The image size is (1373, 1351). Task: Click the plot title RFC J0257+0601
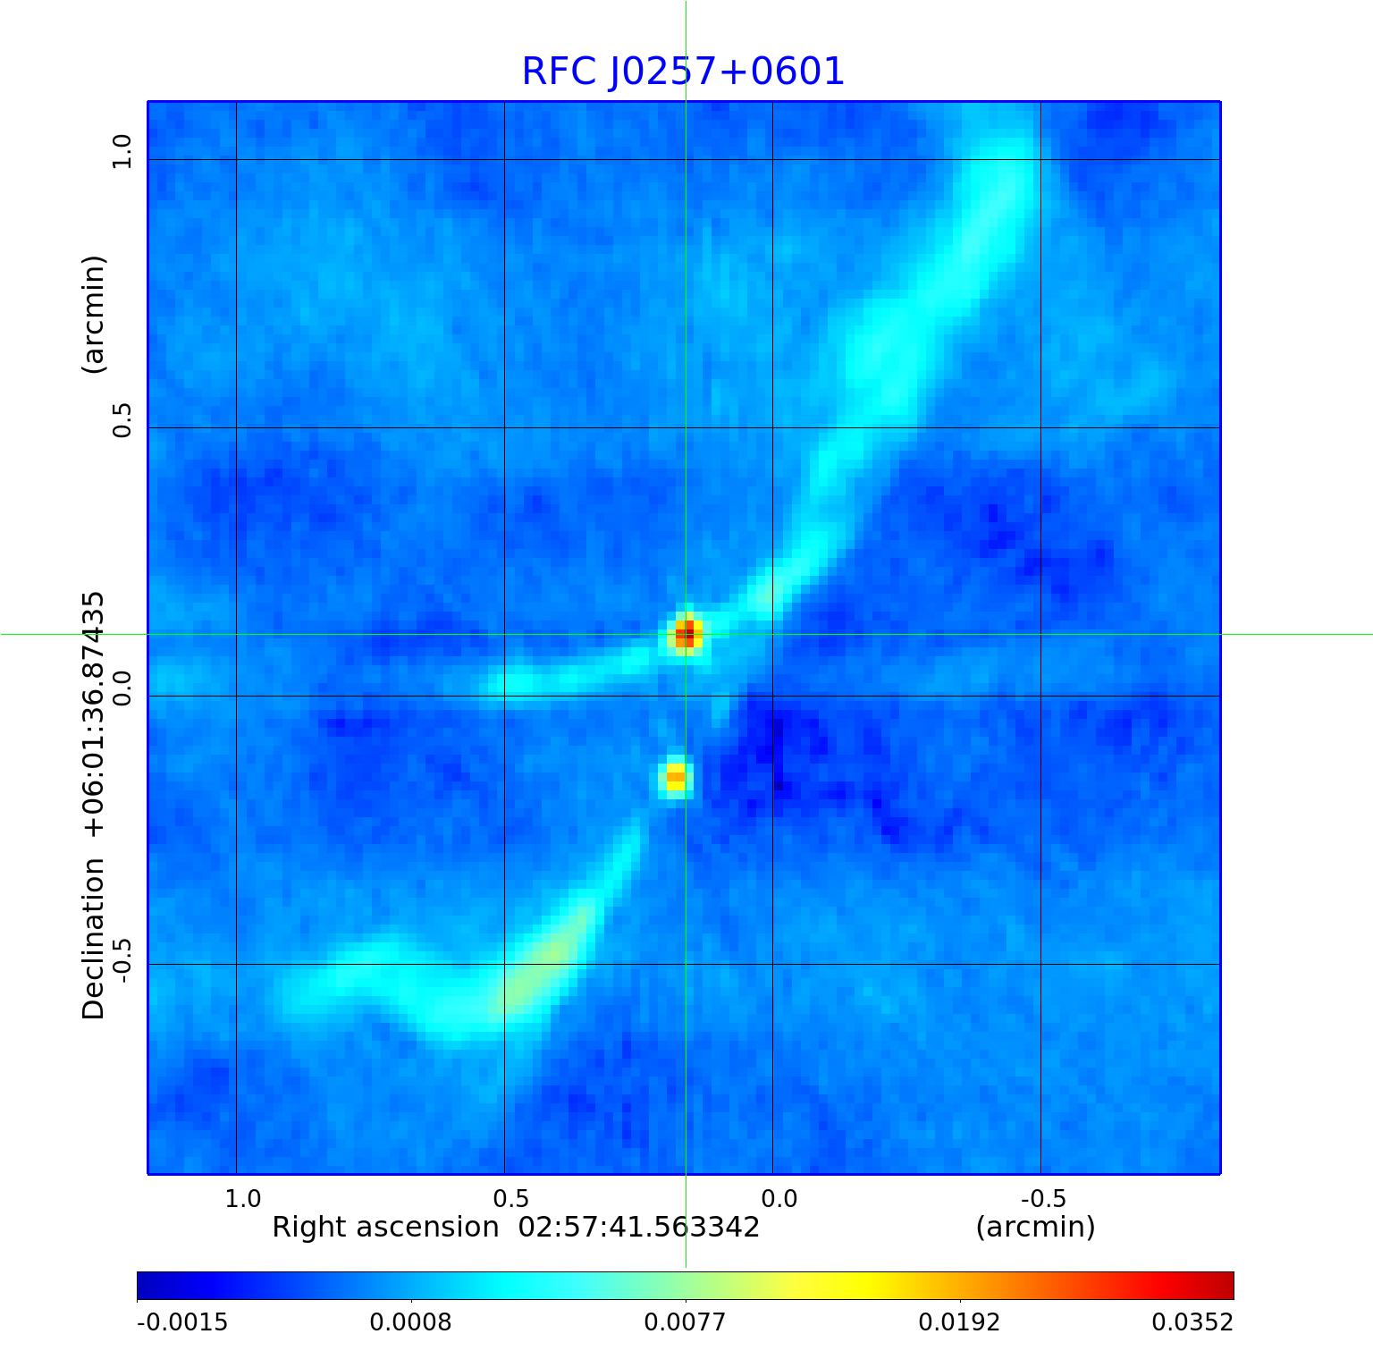point(683,72)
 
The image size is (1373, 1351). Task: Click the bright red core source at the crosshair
point(686,636)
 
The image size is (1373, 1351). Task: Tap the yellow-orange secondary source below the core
point(676,776)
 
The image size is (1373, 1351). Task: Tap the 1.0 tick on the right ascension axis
point(242,1198)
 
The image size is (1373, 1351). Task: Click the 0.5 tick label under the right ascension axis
point(510,1198)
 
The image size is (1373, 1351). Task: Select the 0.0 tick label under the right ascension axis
point(779,1198)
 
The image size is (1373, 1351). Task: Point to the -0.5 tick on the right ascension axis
point(1041,1198)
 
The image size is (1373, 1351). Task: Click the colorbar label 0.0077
point(686,1322)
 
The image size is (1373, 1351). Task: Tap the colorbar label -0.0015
point(182,1322)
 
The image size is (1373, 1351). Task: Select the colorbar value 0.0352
point(1192,1322)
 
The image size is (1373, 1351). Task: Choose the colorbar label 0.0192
point(960,1322)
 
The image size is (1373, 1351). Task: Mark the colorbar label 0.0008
point(411,1322)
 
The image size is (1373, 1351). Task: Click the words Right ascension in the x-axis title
point(385,1228)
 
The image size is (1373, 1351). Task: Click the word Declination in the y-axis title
point(94,938)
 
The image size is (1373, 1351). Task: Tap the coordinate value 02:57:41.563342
point(639,1228)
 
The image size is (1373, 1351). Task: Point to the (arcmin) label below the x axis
point(1035,1228)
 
